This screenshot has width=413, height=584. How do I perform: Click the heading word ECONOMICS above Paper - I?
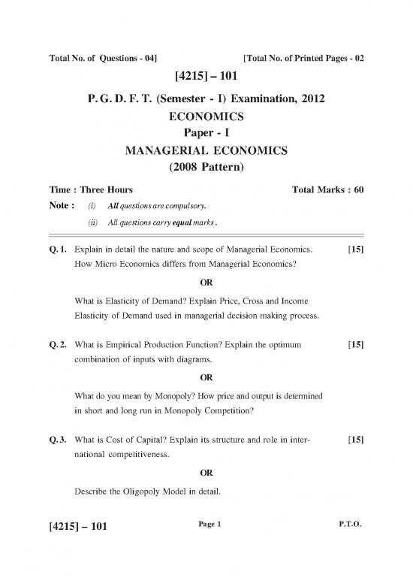click(206, 118)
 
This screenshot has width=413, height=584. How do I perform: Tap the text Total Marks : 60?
click(321, 190)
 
